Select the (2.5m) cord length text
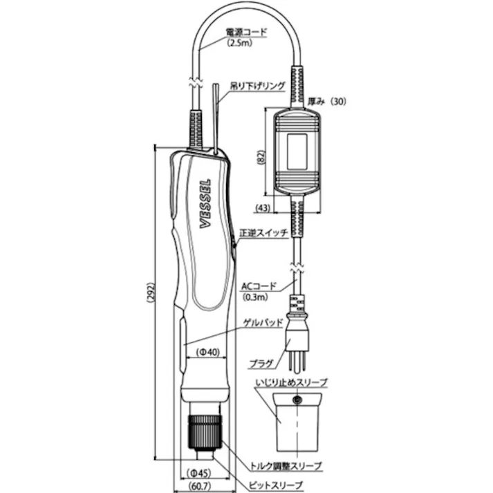241,42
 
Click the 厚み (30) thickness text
327,101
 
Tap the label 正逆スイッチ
263,233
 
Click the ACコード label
259,286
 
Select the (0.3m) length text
258,297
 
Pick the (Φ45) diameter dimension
205,474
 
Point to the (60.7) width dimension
197,487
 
